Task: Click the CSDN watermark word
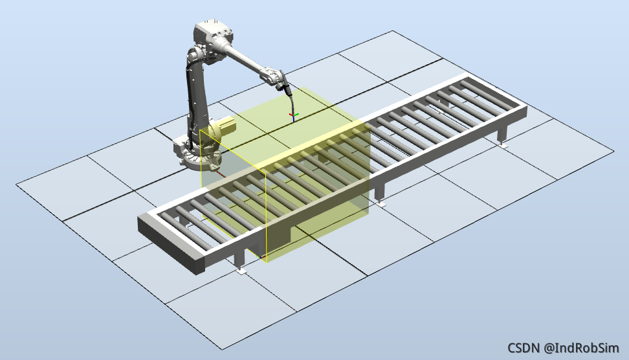pos(524,348)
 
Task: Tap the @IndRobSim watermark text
pos(581,348)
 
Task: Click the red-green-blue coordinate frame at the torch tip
pos(294,117)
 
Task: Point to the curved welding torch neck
pos(292,101)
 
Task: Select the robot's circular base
pos(199,159)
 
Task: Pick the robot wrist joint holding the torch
pos(273,77)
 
